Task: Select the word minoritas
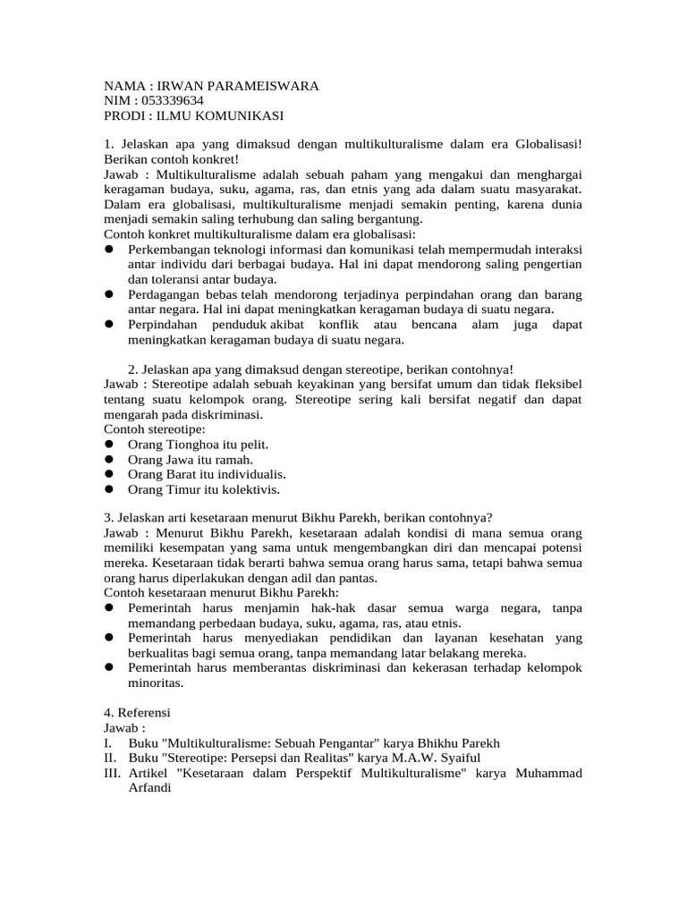click(156, 684)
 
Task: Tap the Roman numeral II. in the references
click(111, 759)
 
